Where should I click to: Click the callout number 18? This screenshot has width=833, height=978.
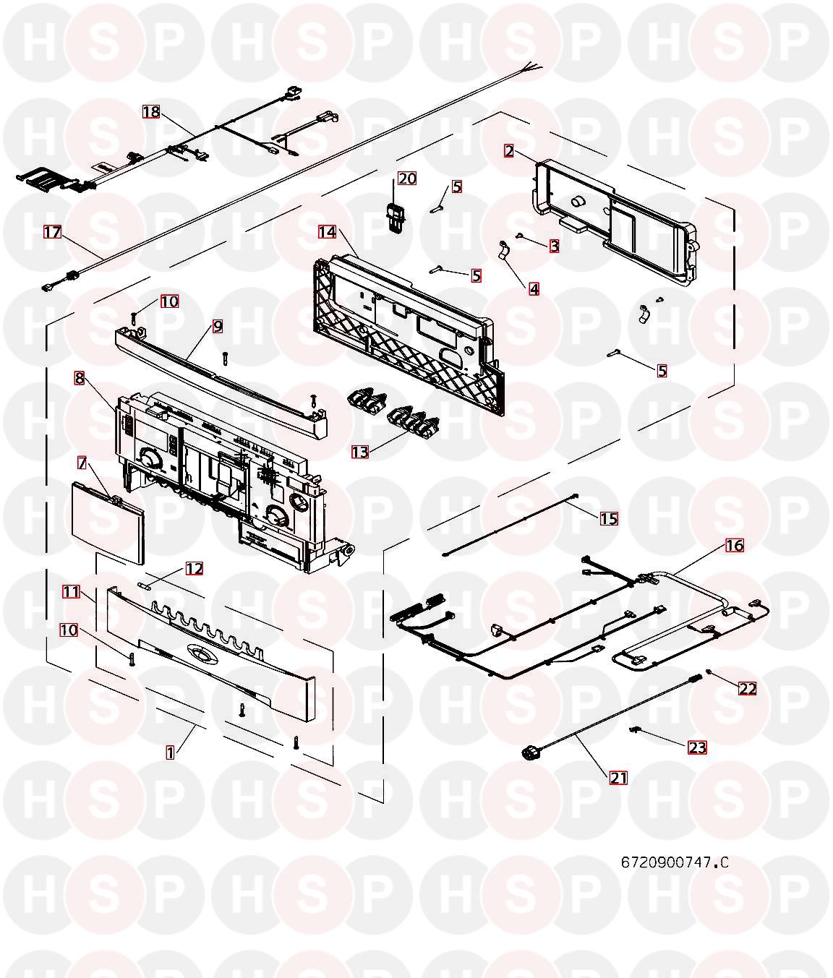151,112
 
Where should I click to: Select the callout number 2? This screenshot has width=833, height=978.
509,151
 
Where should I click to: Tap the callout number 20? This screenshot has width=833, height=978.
407,179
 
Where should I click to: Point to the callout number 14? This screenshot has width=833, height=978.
327,232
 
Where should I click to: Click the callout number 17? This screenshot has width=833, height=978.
53,232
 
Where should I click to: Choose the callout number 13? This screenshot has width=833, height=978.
359,452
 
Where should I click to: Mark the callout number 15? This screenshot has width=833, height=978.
609,519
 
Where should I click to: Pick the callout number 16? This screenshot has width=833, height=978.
735,546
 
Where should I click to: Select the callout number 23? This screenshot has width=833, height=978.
697,747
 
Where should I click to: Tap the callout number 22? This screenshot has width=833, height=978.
748,688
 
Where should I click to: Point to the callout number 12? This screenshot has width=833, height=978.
194,568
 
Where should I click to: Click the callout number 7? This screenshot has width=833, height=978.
82,463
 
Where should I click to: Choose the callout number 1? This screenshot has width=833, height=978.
170,752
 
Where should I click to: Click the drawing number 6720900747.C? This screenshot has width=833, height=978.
675,862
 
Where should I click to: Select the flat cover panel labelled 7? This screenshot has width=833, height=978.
108,523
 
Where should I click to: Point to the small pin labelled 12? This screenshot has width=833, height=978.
145,585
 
